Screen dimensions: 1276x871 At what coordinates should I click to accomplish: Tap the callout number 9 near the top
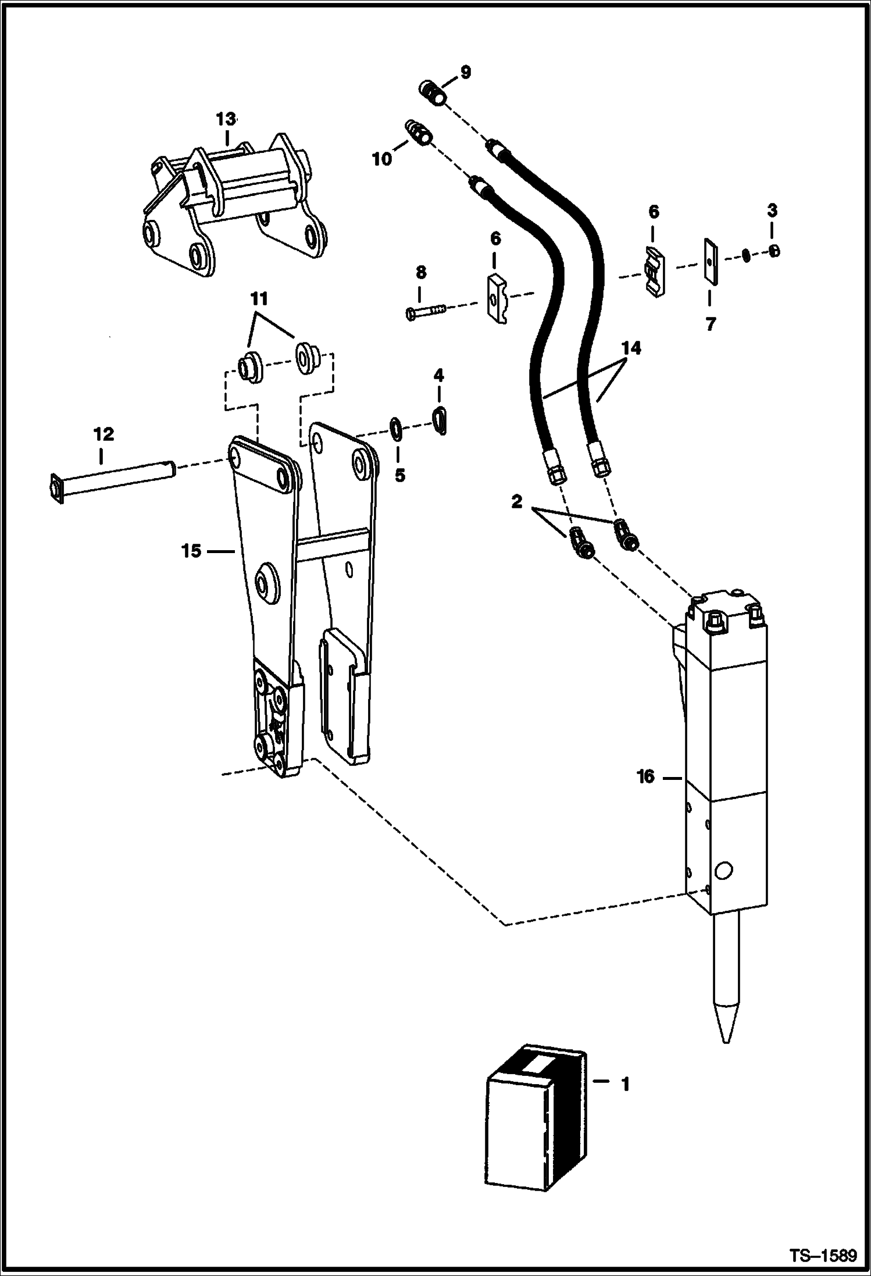click(465, 72)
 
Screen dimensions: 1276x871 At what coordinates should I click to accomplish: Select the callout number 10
click(382, 159)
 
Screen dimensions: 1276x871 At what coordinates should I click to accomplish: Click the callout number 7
click(711, 324)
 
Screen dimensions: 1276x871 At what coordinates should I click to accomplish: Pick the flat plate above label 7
click(711, 261)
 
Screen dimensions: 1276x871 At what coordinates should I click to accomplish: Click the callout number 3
click(772, 211)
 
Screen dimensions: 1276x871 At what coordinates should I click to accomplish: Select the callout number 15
click(191, 550)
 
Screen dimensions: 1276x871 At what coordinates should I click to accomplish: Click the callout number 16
click(645, 776)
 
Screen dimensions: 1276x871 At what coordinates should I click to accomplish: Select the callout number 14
click(631, 348)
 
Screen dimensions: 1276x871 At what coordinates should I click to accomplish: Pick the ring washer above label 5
click(396, 427)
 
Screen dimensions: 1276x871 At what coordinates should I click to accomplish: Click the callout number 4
click(438, 376)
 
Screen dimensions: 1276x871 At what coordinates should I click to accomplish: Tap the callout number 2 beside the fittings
click(516, 501)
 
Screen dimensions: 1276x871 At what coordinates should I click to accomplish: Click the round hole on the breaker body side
click(724, 887)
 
